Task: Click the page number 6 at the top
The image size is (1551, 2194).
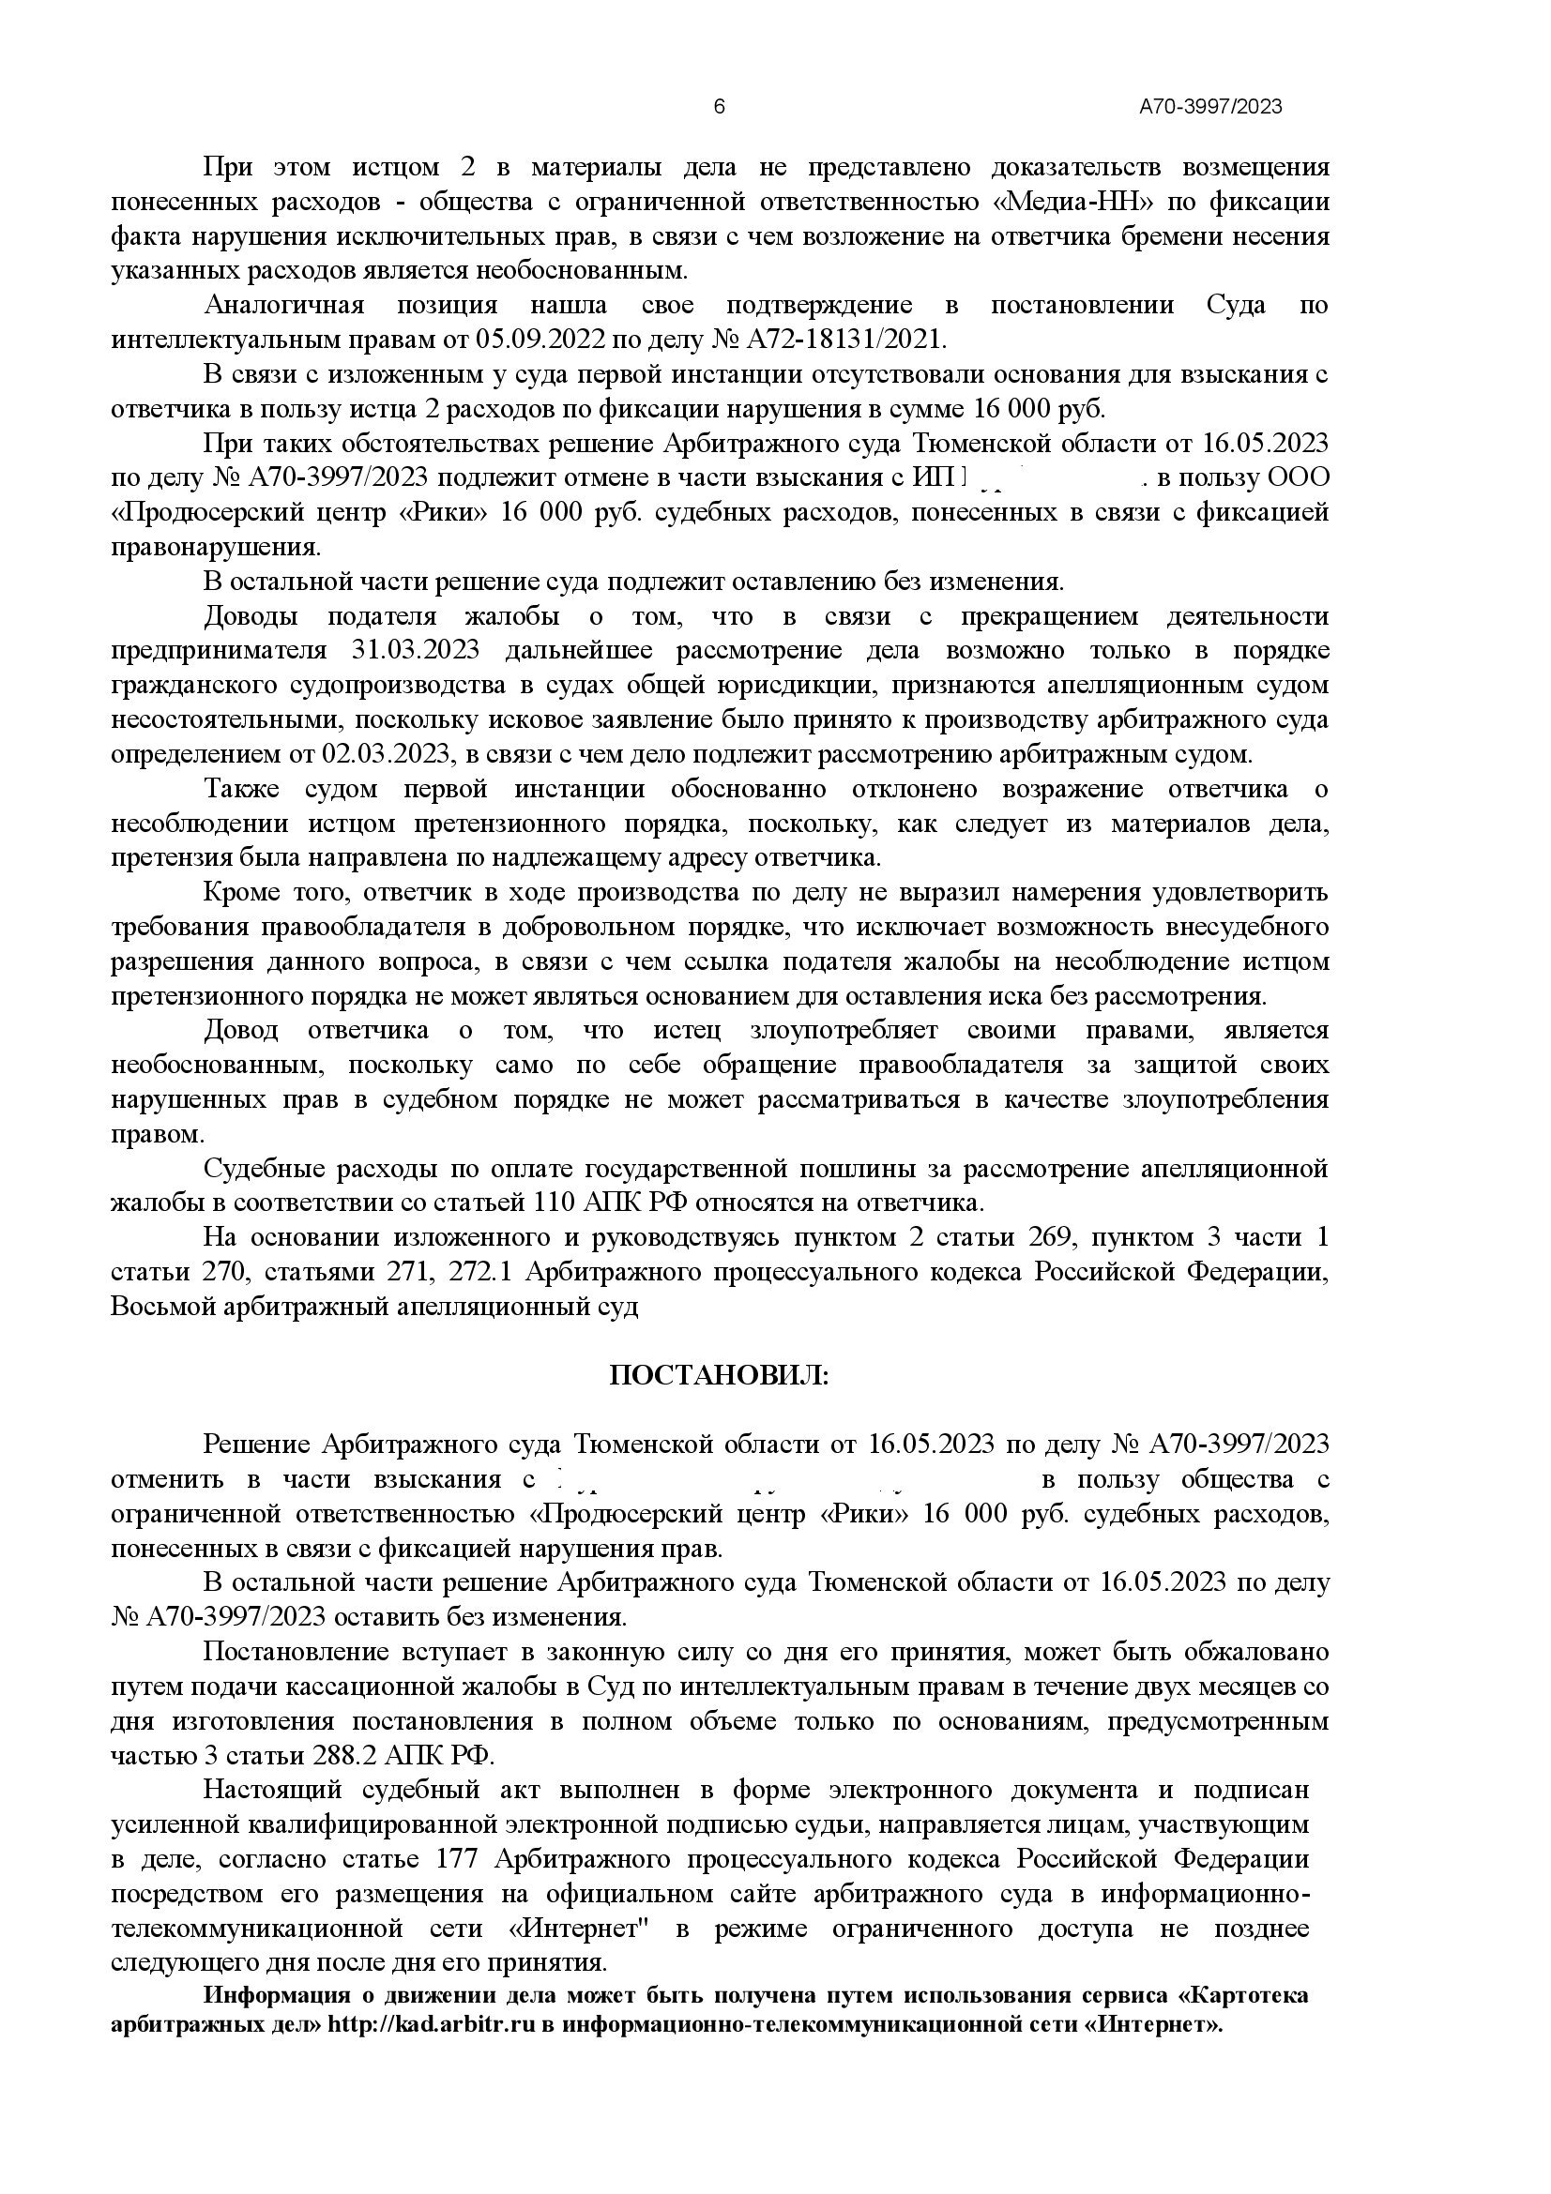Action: [720, 106]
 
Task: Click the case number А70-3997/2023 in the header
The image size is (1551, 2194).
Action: [1209, 107]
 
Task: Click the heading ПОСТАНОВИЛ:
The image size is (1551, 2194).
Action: [720, 1375]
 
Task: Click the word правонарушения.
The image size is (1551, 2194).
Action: [216, 548]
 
